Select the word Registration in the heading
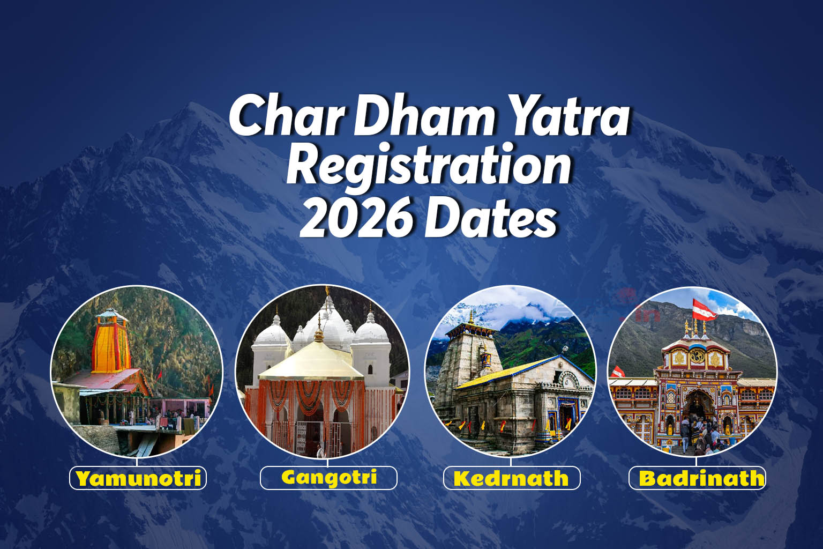(x=429, y=167)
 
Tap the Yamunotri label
(x=138, y=478)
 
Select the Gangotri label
(x=328, y=477)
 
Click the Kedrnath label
(x=511, y=478)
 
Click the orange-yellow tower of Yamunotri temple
(x=111, y=343)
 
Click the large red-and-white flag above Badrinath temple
(x=704, y=309)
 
